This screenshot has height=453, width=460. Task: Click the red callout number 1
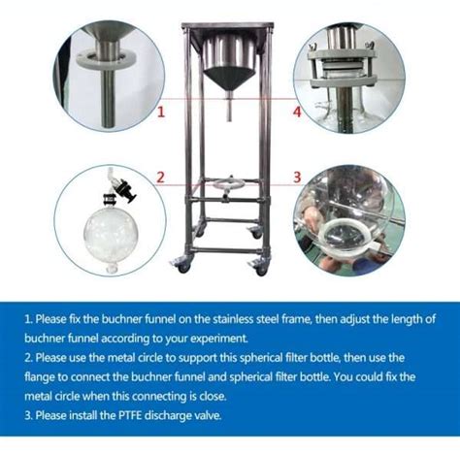(x=161, y=112)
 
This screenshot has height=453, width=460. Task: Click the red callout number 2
(x=161, y=178)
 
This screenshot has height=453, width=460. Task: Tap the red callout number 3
(x=297, y=178)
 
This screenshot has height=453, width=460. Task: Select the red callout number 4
(x=297, y=112)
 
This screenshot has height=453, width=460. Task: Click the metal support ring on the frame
(x=229, y=185)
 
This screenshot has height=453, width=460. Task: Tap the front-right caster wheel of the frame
(x=261, y=268)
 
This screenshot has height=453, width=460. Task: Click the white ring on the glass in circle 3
(x=345, y=236)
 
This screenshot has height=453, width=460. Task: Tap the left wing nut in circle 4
(x=313, y=48)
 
